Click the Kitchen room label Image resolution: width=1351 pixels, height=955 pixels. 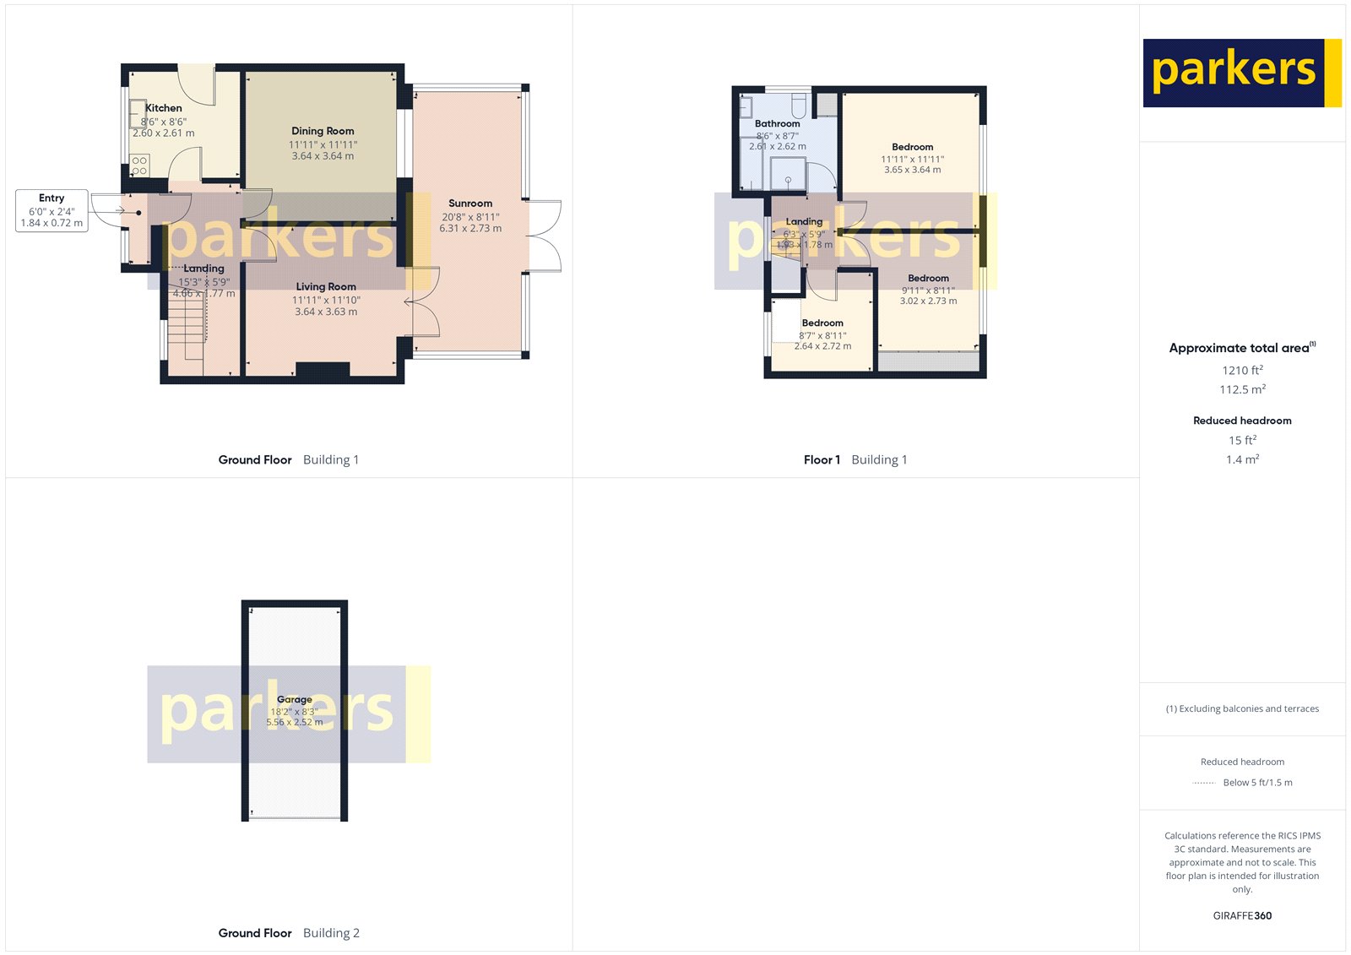(164, 108)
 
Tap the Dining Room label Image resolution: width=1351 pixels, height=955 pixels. (323, 131)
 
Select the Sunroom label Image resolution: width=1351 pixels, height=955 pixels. (470, 203)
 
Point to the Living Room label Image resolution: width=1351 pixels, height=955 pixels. (326, 287)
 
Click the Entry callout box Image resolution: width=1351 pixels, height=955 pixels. (52, 210)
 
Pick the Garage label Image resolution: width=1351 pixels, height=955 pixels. (295, 699)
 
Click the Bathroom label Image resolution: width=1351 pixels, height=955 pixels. (777, 123)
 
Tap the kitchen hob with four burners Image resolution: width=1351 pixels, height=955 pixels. (140, 165)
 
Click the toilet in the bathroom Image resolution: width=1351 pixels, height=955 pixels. (799, 106)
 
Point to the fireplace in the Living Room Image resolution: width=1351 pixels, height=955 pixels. (323, 369)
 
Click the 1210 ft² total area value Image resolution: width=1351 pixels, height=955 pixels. (1242, 370)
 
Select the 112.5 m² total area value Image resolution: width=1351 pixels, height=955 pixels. (1242, 389)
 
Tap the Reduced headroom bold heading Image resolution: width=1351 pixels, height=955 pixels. (1242, 421)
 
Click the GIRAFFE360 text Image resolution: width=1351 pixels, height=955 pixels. (1242, 915)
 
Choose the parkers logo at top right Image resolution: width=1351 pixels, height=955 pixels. (1241, 73)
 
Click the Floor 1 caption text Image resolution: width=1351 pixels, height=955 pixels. (822, 460)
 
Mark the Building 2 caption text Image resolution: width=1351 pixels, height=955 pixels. (331, 933)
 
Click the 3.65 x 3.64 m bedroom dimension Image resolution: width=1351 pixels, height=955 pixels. (912, 170)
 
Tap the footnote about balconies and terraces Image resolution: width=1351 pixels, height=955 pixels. (1242, 708)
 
